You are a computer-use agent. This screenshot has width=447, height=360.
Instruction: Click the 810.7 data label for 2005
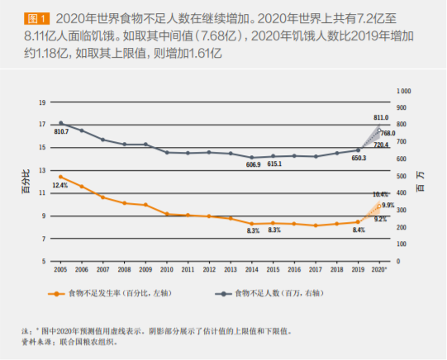point(61,132)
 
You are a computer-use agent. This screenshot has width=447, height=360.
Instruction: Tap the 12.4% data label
point(59,186)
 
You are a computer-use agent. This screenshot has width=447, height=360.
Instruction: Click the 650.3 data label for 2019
point(358,158)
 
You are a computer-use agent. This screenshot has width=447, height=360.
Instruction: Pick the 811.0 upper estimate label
point(381,118)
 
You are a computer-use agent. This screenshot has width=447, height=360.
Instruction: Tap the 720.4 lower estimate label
point(381,144)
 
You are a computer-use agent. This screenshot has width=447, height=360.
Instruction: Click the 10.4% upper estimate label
point(381,194)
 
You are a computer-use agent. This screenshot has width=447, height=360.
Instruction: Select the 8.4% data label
point(359,230)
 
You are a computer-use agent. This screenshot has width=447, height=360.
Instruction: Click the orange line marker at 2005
point(60,177)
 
